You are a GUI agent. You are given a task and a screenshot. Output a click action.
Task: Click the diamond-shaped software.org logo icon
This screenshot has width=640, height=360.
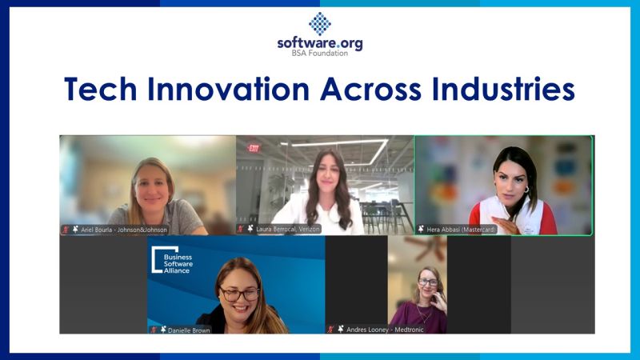point(319,24)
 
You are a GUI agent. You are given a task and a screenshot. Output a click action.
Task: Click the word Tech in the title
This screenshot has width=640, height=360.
point(101,89)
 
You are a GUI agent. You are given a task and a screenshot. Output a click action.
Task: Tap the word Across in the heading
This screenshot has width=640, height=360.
point(370,89)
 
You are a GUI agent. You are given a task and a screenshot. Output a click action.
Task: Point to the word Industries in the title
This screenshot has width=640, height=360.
point(503,89)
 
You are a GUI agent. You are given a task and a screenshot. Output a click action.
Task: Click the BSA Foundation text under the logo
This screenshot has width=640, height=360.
point(319,53)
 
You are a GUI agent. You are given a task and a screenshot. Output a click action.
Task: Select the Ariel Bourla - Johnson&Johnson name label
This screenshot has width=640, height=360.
point(124,230)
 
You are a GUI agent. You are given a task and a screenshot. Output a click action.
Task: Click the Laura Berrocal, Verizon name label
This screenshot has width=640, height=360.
point(288,230)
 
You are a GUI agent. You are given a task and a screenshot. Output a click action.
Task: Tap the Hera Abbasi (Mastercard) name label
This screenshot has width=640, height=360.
point(462,230)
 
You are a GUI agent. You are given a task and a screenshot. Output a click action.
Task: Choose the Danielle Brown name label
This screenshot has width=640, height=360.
point(189,330)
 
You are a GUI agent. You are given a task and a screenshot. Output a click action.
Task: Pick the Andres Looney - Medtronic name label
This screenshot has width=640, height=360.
point(385,330)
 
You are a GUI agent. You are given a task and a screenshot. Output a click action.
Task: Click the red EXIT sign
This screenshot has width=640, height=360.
point(254,148)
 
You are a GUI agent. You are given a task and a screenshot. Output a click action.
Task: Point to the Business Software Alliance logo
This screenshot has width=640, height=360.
point(172,259)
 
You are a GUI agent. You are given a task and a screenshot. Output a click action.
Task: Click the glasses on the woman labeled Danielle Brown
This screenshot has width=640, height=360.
point(239,294)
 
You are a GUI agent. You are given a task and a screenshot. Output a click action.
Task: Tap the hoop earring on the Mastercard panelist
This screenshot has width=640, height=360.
point(526,190)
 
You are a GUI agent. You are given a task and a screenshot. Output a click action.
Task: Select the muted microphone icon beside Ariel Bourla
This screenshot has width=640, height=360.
point(66,230)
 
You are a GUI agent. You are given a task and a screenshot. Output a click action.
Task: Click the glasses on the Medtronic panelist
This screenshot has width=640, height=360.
point(428,282)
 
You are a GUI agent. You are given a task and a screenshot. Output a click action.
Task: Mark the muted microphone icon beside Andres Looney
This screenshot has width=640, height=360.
point(330,330)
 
